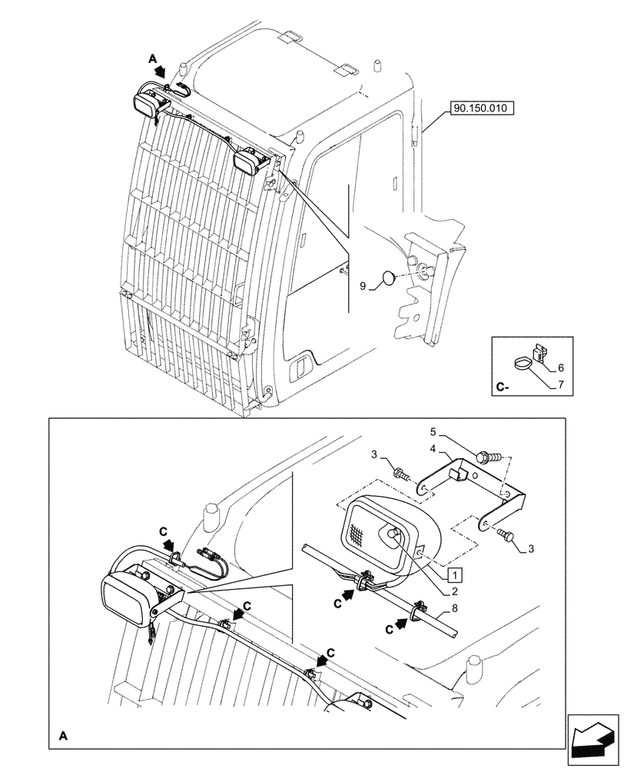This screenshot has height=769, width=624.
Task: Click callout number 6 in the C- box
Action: pyautogui.click(x=560, y=368)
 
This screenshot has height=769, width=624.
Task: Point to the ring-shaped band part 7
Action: pyautogui.click(x=522, y=360)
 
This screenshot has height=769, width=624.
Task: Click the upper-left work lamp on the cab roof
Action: pyautogui.click(x=147, y=103)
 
